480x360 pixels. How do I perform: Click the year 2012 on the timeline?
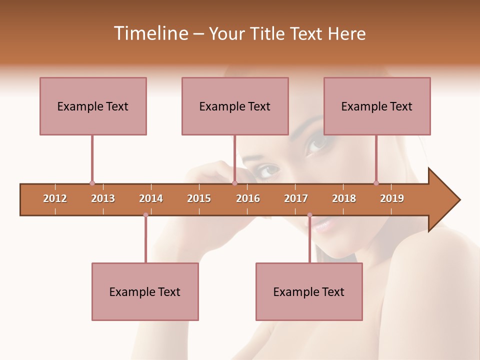(55, 199)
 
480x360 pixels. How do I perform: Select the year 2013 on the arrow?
(103, 199)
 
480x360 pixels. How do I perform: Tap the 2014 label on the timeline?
(151, 199)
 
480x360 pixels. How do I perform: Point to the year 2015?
(199, 199)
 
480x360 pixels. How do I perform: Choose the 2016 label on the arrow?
(248, 199)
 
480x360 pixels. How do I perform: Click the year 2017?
(296, 199)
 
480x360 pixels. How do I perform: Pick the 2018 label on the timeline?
(344, 199)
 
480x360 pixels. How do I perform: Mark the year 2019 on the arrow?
(392, 199)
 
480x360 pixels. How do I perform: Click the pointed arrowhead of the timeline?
(445, 200)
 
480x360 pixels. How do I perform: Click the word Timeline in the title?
(150, 33)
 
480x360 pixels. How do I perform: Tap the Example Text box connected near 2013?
(93, 106)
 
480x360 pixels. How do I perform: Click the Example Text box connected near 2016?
(235, 106)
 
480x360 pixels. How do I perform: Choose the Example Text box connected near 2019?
(377, 106)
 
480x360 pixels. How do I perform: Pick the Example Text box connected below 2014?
(145, 291)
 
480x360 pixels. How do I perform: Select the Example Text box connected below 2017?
(309, 291)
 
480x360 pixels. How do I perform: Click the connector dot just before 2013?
(92, 183)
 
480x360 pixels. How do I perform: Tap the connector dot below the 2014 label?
(145, 215)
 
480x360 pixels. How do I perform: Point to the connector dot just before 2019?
(376, 183)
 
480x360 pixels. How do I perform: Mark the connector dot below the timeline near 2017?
(309, 215)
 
